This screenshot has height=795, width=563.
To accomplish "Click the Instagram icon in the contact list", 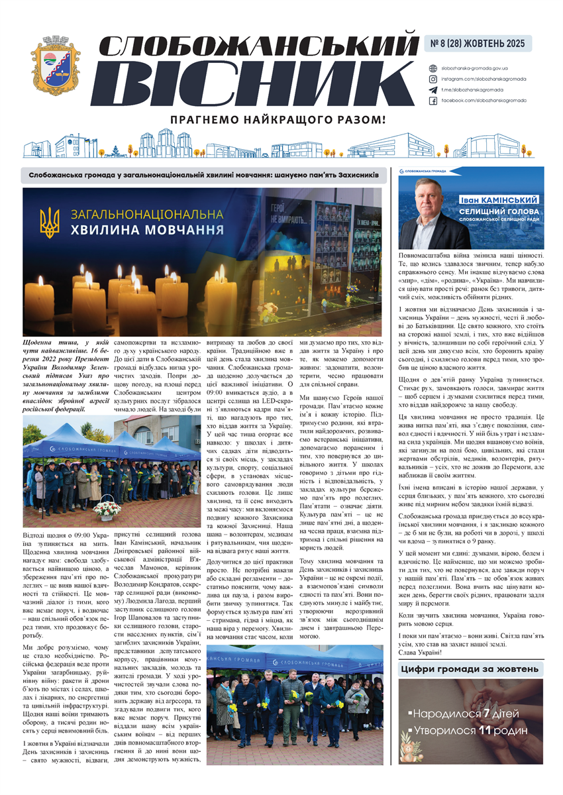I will coord(433,79).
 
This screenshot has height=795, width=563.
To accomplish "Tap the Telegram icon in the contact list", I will coord(433,89).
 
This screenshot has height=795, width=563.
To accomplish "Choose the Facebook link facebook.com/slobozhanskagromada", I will coord(484,100).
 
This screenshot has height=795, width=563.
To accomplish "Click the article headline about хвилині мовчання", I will coord(203,175).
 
